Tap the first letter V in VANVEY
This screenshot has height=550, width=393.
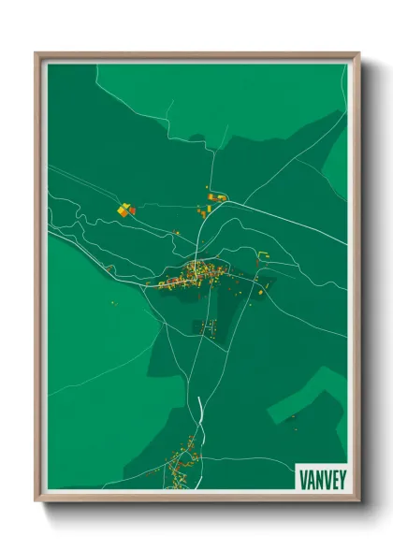(304, 477)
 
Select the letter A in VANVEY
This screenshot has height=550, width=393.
(311, 477)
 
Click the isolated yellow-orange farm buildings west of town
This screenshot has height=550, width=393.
(125, 210)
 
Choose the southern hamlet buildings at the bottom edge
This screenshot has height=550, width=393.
(180, 468)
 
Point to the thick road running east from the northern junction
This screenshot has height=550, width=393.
(281, 214)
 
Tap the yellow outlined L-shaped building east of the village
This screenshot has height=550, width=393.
(264, 256)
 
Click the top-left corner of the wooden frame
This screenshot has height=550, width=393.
(36, 54)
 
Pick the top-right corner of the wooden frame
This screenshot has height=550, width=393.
(358, 54)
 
